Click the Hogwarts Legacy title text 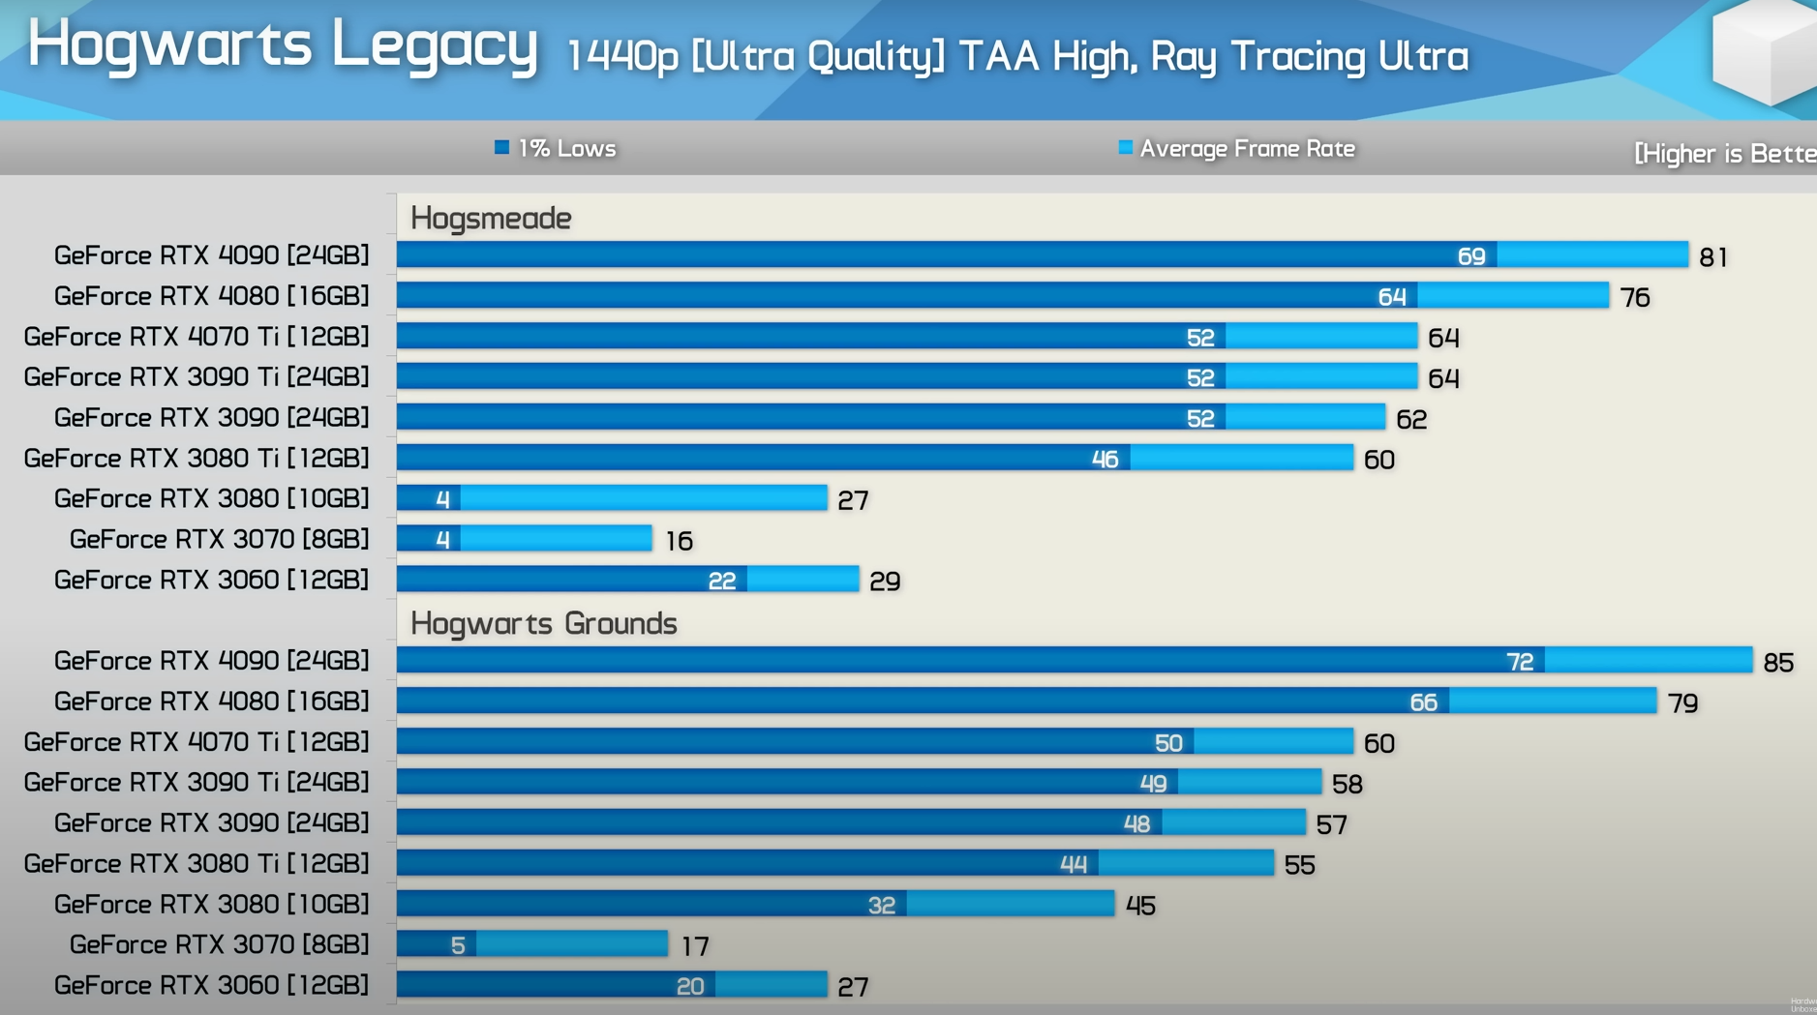[283, 45]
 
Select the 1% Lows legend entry [556, 148]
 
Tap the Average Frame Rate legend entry [1237, 148]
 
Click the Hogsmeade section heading [491, 218]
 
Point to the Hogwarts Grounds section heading [543, 623]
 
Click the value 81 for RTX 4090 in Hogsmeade [1713, 256]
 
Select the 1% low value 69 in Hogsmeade [1471, 255]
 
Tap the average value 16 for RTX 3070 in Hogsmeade [680, 541]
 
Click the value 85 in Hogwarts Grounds [1778, 662]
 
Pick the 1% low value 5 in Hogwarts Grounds [458, 944]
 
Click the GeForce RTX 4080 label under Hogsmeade [211, 295]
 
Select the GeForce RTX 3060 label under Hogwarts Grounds [211, 984]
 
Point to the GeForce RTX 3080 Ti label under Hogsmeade [197, 458]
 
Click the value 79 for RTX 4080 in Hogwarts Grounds [1682, 702]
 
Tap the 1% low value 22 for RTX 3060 [722, 581]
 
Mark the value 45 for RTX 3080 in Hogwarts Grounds [1140, 906]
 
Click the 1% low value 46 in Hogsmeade [1105, 459]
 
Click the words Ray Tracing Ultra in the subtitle [1310, 56]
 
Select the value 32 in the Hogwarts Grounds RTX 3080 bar [881, 905]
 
